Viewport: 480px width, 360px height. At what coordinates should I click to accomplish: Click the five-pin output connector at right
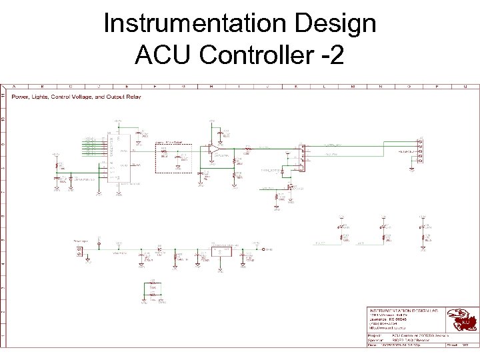coord(420,151)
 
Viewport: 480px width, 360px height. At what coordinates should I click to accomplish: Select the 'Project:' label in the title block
coord(377,335)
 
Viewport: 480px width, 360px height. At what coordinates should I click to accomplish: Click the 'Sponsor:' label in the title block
coord(378,340)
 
